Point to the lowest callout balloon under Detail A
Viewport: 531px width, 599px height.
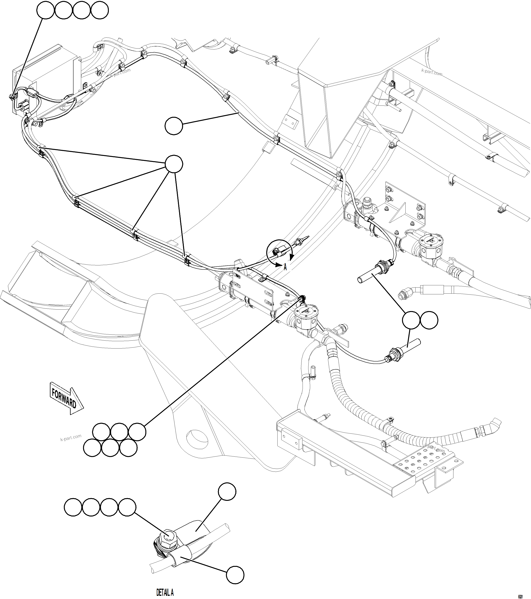pyautogui.click(x=235, y=575)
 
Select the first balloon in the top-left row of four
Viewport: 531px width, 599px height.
pyautogui.click(x=45, y=10)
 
